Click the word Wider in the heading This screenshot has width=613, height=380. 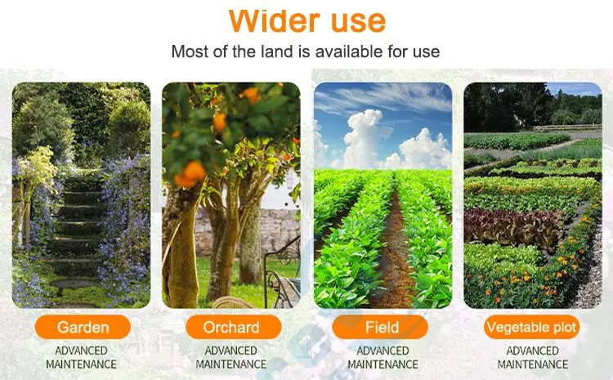[274, 20]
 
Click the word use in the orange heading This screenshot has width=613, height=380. [359, 22]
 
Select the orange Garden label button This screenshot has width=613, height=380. [83, 327]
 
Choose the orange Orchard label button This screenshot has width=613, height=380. [234, 327]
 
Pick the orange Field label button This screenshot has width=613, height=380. [380, 327]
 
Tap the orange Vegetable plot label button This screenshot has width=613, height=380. [532, 327]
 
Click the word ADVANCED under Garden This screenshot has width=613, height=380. [81, 351]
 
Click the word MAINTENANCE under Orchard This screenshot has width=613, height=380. [231, 364]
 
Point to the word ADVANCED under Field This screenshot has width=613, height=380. [383, 351]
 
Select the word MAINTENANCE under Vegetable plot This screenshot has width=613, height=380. [532, 364]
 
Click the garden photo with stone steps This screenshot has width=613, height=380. [81, 195]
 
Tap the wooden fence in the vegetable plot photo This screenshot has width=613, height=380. [567, 127]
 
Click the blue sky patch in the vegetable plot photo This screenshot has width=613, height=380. [575, 89]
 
